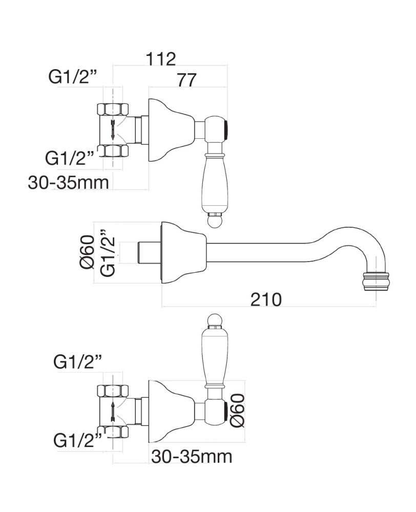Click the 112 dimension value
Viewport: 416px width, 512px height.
tap(160, 59)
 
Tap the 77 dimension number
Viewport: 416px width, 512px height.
tap(187, 79)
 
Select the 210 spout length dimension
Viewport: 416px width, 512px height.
tap(266, 299)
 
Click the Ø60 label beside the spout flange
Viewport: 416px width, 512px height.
tap(87, 252)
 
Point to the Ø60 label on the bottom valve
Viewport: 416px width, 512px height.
tap(237, 410)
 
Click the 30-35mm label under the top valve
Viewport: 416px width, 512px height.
tap(68, 183)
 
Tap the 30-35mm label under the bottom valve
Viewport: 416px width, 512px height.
tap(192, 457)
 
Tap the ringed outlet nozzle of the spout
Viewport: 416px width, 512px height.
tap(375, 281)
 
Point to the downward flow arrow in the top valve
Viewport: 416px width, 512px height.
tap(113, 130)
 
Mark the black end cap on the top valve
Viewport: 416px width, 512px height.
tap(225, 130)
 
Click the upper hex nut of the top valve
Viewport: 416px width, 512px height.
tap(113, 109)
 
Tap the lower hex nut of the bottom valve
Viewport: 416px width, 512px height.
tap(113, 432)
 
